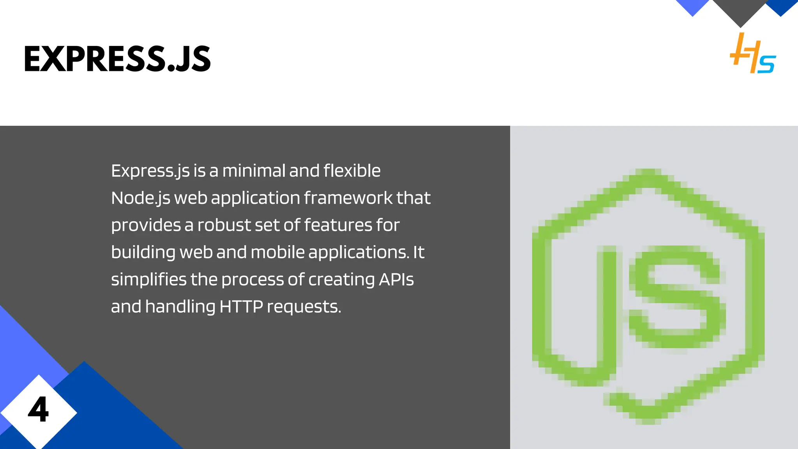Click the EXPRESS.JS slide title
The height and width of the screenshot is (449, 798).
117,59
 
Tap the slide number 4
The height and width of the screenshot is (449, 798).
38,410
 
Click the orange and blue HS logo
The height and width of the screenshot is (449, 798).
752,54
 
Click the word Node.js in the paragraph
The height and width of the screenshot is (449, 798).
140,198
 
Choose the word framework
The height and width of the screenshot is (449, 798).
348,198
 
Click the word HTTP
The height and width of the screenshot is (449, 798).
241,307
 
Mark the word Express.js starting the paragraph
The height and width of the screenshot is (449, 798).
150,171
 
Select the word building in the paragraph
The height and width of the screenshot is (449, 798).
143,253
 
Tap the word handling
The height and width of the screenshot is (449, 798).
180,307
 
